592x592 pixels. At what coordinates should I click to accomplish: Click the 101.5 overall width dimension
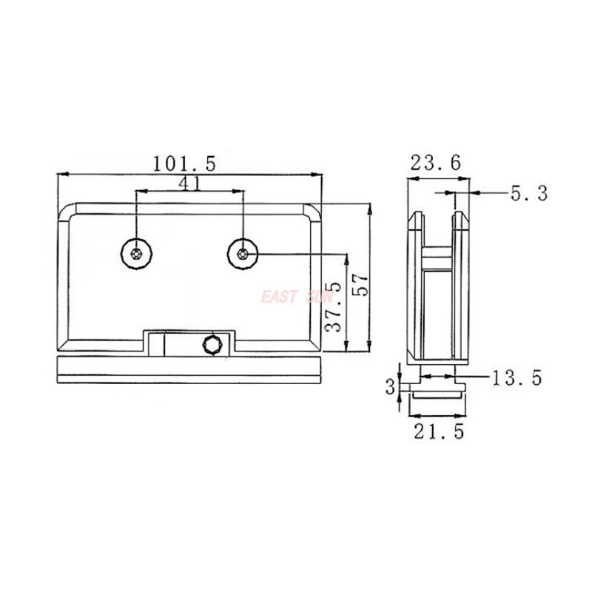point(184,163)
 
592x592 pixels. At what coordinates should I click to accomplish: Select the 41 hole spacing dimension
point(189,183)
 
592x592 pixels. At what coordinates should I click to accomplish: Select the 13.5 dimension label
point(517,378)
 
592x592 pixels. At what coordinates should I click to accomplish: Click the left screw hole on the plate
point(135,254)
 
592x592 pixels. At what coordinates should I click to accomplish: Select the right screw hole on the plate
point(243,254)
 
